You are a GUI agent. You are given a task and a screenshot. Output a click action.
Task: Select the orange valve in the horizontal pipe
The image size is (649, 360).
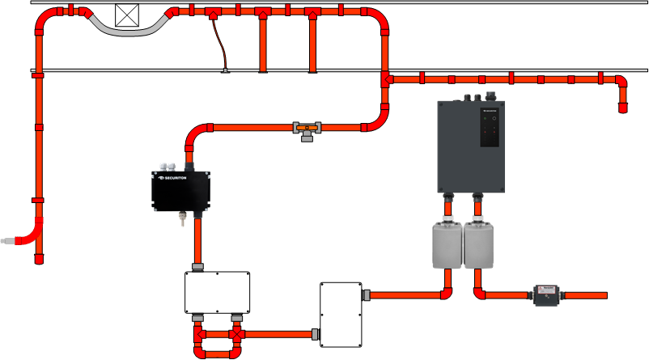coord(307,128)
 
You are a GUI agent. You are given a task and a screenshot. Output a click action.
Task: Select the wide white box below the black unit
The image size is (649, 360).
coord(217,292)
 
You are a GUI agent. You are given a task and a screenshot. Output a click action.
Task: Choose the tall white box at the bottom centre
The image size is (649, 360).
coord(340,314)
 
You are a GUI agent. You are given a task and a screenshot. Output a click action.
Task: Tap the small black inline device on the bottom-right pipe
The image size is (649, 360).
coord(545,295)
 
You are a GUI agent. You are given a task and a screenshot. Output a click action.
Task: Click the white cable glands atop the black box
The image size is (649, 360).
coord(168,167)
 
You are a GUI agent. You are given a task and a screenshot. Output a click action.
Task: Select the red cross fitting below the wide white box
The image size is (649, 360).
coord(236,333)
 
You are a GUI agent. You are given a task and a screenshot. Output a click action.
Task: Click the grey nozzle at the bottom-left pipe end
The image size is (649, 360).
coord(9,240)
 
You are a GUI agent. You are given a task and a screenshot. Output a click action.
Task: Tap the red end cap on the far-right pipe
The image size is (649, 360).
coord(623,107)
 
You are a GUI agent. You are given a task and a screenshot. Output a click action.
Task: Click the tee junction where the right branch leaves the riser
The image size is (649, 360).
coord(386,79)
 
